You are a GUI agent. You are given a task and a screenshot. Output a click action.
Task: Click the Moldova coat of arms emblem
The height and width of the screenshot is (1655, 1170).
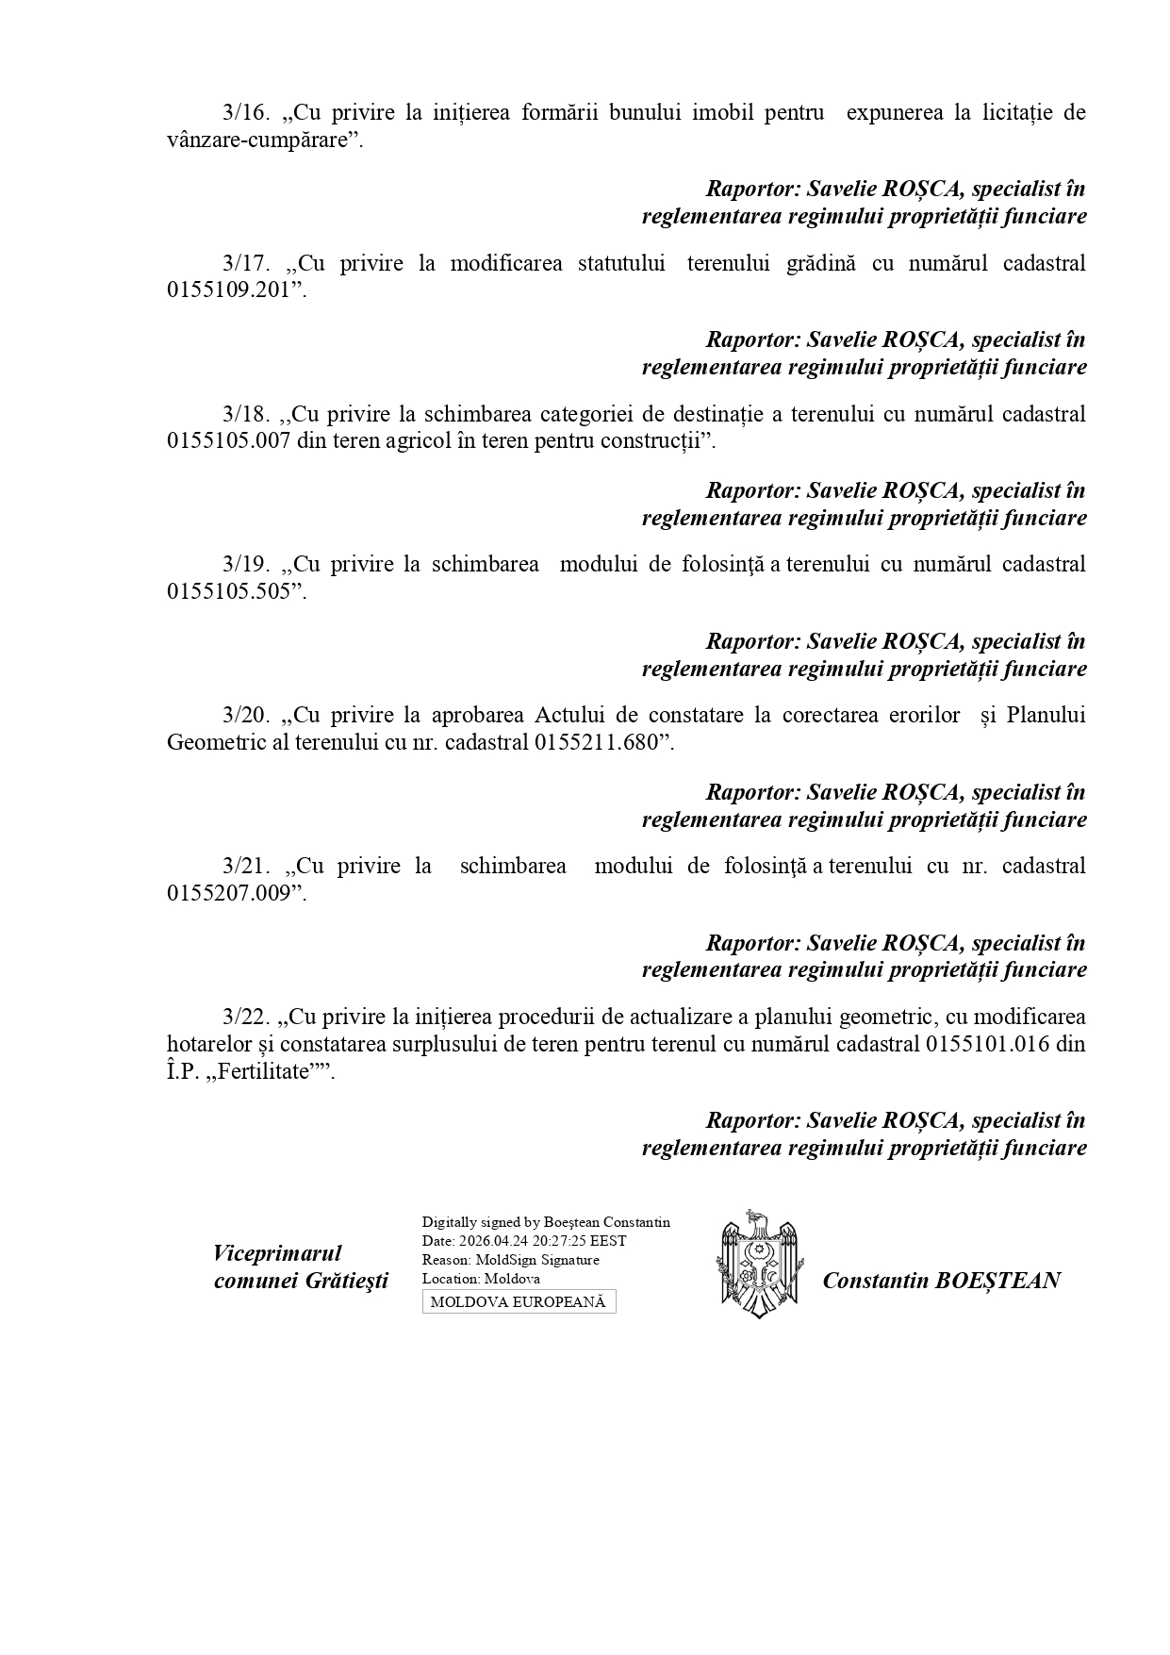[x=759, y=1264]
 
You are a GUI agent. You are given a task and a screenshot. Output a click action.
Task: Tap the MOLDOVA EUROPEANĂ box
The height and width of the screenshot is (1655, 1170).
[x=519, y=1302]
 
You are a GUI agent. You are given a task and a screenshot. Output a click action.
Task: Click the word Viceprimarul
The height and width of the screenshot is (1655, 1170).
[x=277, y=1253]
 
